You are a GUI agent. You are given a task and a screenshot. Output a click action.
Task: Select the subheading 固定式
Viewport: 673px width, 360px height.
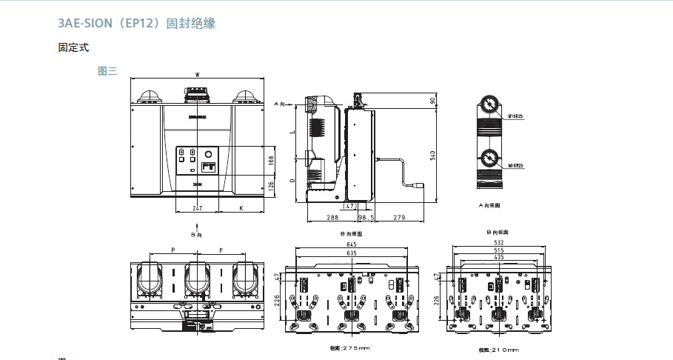point(73,47)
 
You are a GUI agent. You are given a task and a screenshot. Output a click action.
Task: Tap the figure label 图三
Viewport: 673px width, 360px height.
point(107,72)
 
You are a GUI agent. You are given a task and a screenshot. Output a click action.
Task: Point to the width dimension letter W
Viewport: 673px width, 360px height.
point(197,75)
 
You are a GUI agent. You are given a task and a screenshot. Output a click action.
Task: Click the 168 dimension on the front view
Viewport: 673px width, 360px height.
point(271,160)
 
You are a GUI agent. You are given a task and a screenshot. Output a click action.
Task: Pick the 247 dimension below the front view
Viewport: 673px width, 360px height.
point(197,209)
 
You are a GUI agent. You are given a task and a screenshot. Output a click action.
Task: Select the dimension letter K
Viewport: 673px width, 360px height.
point(241,209)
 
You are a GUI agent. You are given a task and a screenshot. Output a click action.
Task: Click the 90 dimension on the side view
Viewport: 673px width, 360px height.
point(432,101)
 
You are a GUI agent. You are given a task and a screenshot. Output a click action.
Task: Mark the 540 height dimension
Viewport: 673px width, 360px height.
point(432,154)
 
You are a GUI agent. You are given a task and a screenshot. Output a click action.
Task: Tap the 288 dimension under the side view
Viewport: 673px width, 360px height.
point(332,217)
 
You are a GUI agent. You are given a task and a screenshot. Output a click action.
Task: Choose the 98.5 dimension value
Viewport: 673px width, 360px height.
point(366,217)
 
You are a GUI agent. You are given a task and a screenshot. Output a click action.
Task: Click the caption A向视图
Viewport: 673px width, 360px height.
point(489,204)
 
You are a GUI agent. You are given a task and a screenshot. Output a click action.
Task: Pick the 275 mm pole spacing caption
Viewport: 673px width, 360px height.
point(349,348)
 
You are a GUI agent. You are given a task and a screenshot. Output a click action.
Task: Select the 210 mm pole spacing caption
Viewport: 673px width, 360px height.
point(498,349)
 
